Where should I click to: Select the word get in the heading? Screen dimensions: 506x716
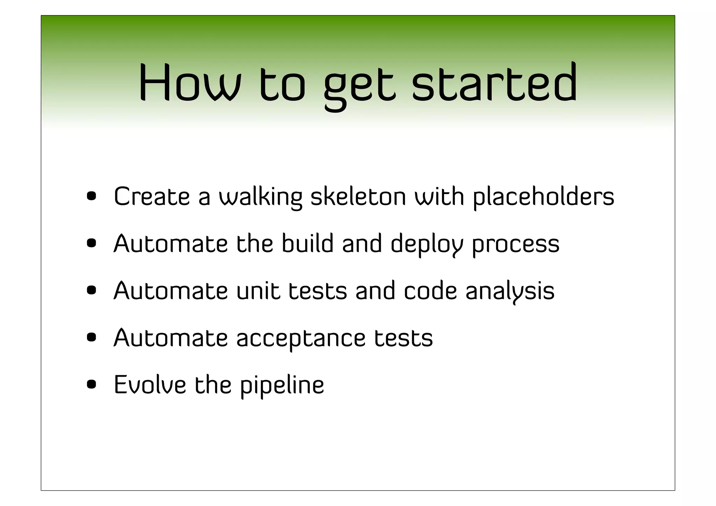click(360, 86)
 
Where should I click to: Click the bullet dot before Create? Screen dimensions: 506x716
click(92, 196)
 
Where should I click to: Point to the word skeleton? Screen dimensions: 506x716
click(358, 197)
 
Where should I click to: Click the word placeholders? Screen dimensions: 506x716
click(544, 197)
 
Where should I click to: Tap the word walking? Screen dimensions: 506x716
click(260, 197)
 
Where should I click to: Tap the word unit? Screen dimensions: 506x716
click(258, 291)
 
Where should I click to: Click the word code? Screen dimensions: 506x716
click(430, 291)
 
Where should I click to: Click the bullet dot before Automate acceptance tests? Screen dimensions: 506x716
click(92, 337)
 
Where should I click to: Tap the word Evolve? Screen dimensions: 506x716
click(150, 385)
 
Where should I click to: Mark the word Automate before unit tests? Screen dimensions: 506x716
click(170, 291)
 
